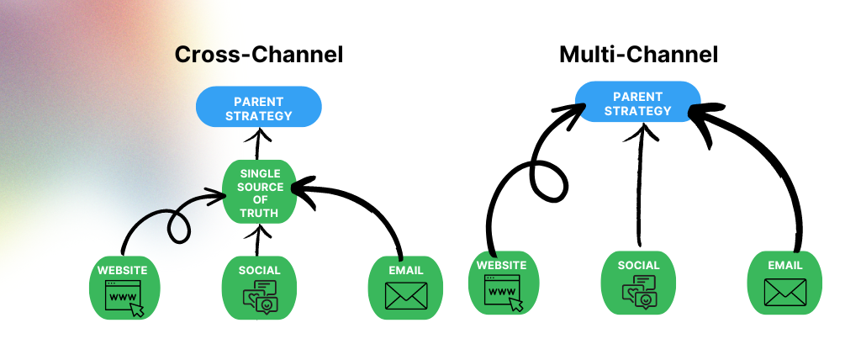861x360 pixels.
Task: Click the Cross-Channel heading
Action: pos(259,56)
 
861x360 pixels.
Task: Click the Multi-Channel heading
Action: pos(638,56)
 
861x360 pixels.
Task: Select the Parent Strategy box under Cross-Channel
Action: pos(259,109)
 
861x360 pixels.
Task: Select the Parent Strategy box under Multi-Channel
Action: pos(638,103)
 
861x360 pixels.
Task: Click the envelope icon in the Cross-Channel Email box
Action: pos(406,296)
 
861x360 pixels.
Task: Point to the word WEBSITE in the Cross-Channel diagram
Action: pos(123,270)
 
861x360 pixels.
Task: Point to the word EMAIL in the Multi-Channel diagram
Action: pos(784,265)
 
